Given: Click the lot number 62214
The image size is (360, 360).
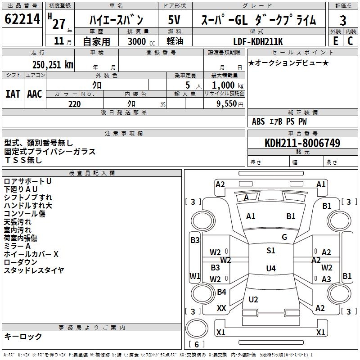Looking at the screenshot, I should pyautogui.click(x=22, y=20).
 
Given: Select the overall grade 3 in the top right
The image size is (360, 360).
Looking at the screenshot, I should pyautogui.click(x=343, y=20).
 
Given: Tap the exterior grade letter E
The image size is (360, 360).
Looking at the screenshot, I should pyautogui.click(x=335, y=40).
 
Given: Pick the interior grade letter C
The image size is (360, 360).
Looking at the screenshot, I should pyautogui.click(x=350, y=40).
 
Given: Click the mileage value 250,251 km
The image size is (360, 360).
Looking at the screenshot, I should pyautogui.click(x=53, y=64).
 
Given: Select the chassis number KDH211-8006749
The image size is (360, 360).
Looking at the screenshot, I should pyautogui.click(x=302, y=144).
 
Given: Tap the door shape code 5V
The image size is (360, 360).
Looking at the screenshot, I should pyautogui.click(x=175, y=20).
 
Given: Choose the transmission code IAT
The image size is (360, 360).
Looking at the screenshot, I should pyautogui.click(x=13, y=94).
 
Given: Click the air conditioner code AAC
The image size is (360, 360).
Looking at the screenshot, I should pyautogui.click(x=35, y=94).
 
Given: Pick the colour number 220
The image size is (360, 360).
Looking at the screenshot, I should pyautogui.click(x=75, y=104).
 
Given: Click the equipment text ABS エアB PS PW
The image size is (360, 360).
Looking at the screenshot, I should pyautogui.click(x=279, y=121).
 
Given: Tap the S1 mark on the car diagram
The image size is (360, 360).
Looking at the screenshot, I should pyautogui.click(x=270, y=251).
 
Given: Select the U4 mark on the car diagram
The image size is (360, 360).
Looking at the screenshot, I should pyautogui.click(x=270, y=269).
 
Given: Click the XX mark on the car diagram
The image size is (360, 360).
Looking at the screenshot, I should pyautogui.click(x=221, y=308).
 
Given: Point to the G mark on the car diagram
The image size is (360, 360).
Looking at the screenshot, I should pyautogui.click(x=284, y=237).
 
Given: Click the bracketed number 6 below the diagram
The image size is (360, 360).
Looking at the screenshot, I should pyautogui.click(x=197, y=345).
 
